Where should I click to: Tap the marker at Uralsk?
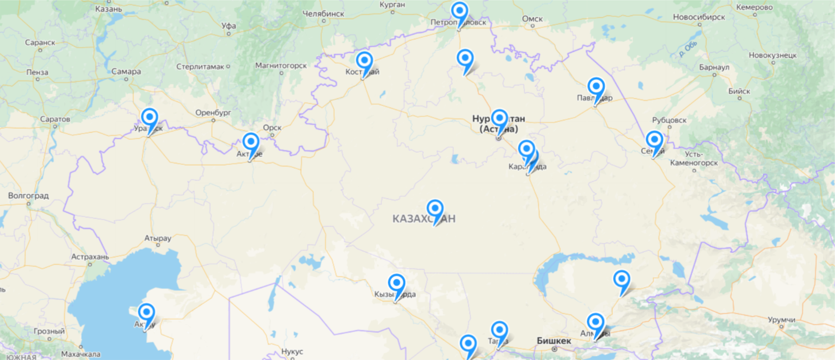point(149,117)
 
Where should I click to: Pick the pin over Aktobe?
point(250,142)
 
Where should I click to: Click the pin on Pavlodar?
point(596,87)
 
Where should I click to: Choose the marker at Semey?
point(654,140)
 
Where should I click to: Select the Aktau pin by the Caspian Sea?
point(146,312)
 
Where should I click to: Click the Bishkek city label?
point(554,341)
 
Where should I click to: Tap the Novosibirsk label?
point(699,17)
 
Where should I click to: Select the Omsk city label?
point(532,19)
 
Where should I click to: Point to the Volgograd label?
point(28,196)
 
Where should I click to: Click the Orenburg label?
point(213,113)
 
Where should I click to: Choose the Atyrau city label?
point(158,238)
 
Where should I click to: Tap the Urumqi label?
point(781,320)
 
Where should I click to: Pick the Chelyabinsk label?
point(323,14)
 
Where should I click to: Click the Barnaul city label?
point(714,67)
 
